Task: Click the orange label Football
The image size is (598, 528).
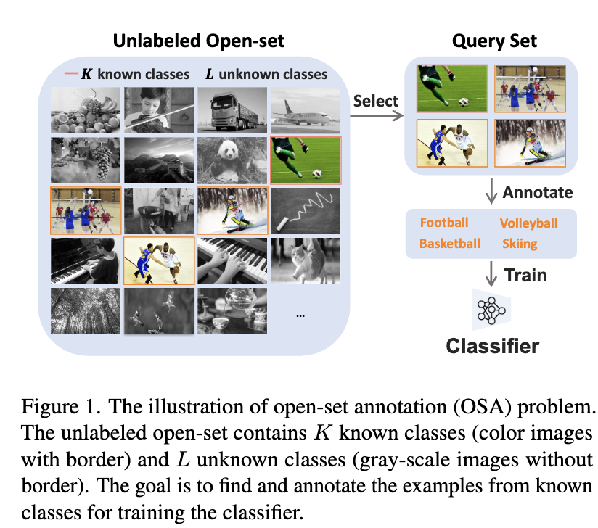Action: pyautogui.click(x=444, y=223)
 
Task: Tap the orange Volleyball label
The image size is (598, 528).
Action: pyautogui.click(x=528, y=223)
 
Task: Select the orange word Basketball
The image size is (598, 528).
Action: pyautogui.click(x=450, y=244)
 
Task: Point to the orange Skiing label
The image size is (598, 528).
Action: pyautogui.click(x=520, y=244)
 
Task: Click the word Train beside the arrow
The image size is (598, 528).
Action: pyautogui.click(x=526, y=275)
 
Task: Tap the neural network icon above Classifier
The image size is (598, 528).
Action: pyautogui.click(x=492, y=309)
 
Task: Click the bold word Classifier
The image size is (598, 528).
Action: pyautogui.click(x=492, y=345)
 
